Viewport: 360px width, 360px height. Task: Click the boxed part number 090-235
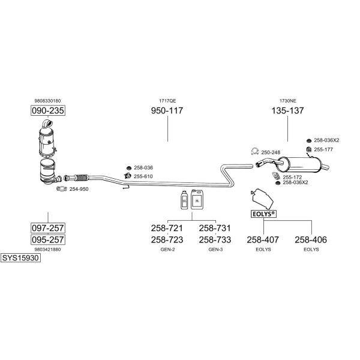pyautogui.click(x=48, y=110)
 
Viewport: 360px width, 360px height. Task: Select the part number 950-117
pyautogui.click(x=167, y=110)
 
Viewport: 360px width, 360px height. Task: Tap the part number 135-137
pyautogui.click(x=287, y=110)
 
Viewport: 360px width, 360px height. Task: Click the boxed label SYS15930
pyautogui.click(x=20, y=258)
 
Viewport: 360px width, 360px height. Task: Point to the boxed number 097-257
pyautogui.click(x=48, y=228)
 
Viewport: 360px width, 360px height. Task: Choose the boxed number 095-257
pyautogui.click(x=48, y=239)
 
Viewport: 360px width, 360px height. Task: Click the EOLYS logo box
pyautogui.click(x=263, y=214)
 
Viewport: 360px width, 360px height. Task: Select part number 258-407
pyautogui.click(x=263, y=239)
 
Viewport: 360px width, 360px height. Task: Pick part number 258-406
pyautogui.click(x=311, y=239)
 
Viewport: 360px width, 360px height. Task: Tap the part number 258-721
pyautogui.click(x=167, y=228)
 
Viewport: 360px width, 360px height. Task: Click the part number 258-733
pyautogui.click(x=215, y=239)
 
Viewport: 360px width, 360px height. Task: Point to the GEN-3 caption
pyautogui.click(x=215, y=250)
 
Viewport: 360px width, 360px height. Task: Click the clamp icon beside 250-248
pyautogui.click(x=255, y=152)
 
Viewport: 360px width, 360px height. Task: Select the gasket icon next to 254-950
pyautogui.click(x=62, y=188)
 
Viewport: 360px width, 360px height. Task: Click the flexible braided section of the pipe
pyautogui.click(x=82, y=177)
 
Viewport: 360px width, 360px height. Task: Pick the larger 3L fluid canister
pyautogui.click(x=197, y=200)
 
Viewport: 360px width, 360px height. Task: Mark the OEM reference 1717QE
pyautogui.click(x=167, y=101)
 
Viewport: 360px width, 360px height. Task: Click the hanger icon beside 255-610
pyautogui.click(x=127, y=176)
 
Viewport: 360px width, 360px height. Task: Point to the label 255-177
pyautogui.click(x=323, y=149)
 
